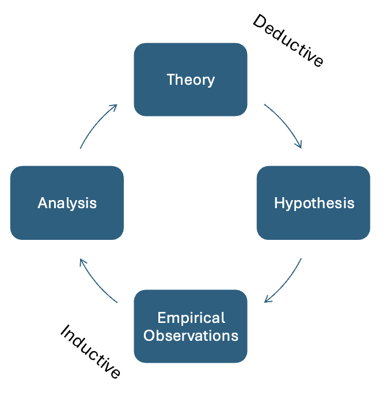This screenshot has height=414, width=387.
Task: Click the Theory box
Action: coord(191,80)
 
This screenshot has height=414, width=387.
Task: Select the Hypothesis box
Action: coord(313,203)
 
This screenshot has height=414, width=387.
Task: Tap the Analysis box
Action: coord(67,203)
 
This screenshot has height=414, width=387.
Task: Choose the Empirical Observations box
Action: coord(191,326)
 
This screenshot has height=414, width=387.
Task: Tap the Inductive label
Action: coord(90,352)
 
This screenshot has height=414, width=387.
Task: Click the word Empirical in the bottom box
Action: coord(191,318)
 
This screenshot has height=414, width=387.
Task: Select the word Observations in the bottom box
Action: coord(191,335)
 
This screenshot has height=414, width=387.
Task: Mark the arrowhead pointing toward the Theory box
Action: coord(115,107)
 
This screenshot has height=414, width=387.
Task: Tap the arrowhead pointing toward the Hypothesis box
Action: coord(299,146)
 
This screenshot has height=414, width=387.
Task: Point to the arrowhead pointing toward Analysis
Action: coord(81,261)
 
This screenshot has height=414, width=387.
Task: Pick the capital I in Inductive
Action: coord(65,332)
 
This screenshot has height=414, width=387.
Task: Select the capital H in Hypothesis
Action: coord(279,203)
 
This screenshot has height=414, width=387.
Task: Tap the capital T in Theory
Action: coord(170,80)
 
